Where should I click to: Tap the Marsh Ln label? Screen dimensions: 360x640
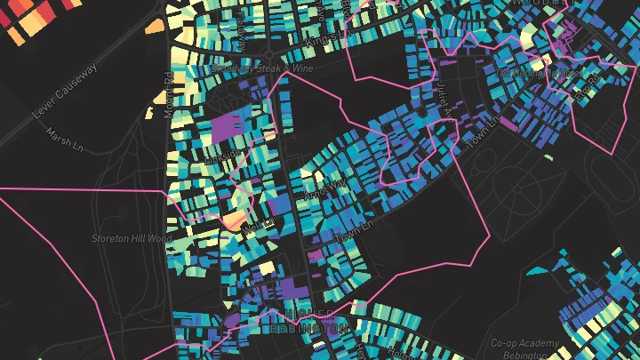click(64, 137)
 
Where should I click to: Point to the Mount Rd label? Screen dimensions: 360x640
click(166, 91)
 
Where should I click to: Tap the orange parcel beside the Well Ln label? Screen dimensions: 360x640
click(236, 219)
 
